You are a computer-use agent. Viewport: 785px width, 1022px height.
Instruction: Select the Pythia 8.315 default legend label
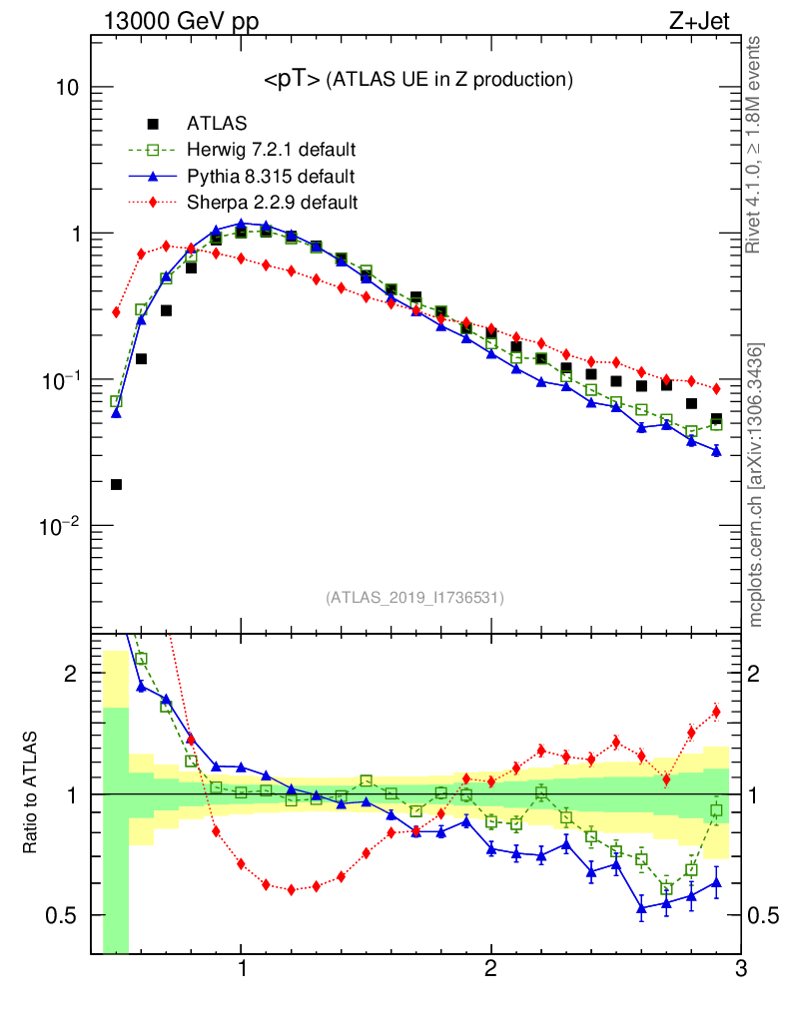click(271, 177)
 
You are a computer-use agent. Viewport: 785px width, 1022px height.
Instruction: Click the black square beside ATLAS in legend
click(153, 124)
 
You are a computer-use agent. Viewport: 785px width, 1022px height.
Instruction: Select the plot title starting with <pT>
click(417, 79)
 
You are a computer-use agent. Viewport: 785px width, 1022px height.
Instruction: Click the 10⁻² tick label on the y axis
click(59, 526)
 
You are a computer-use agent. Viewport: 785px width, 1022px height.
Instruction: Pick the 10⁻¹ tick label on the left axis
click(59, 380)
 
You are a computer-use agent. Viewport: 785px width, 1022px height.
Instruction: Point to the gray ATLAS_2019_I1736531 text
click(414, 598)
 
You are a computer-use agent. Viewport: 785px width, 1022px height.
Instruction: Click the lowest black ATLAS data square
click(116, 484)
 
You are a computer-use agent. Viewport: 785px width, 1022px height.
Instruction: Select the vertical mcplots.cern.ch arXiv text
click(757, 485)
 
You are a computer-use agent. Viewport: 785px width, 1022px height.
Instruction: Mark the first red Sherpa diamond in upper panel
click(116, 312)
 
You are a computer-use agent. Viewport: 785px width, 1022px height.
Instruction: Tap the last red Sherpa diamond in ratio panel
click(716, 712)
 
